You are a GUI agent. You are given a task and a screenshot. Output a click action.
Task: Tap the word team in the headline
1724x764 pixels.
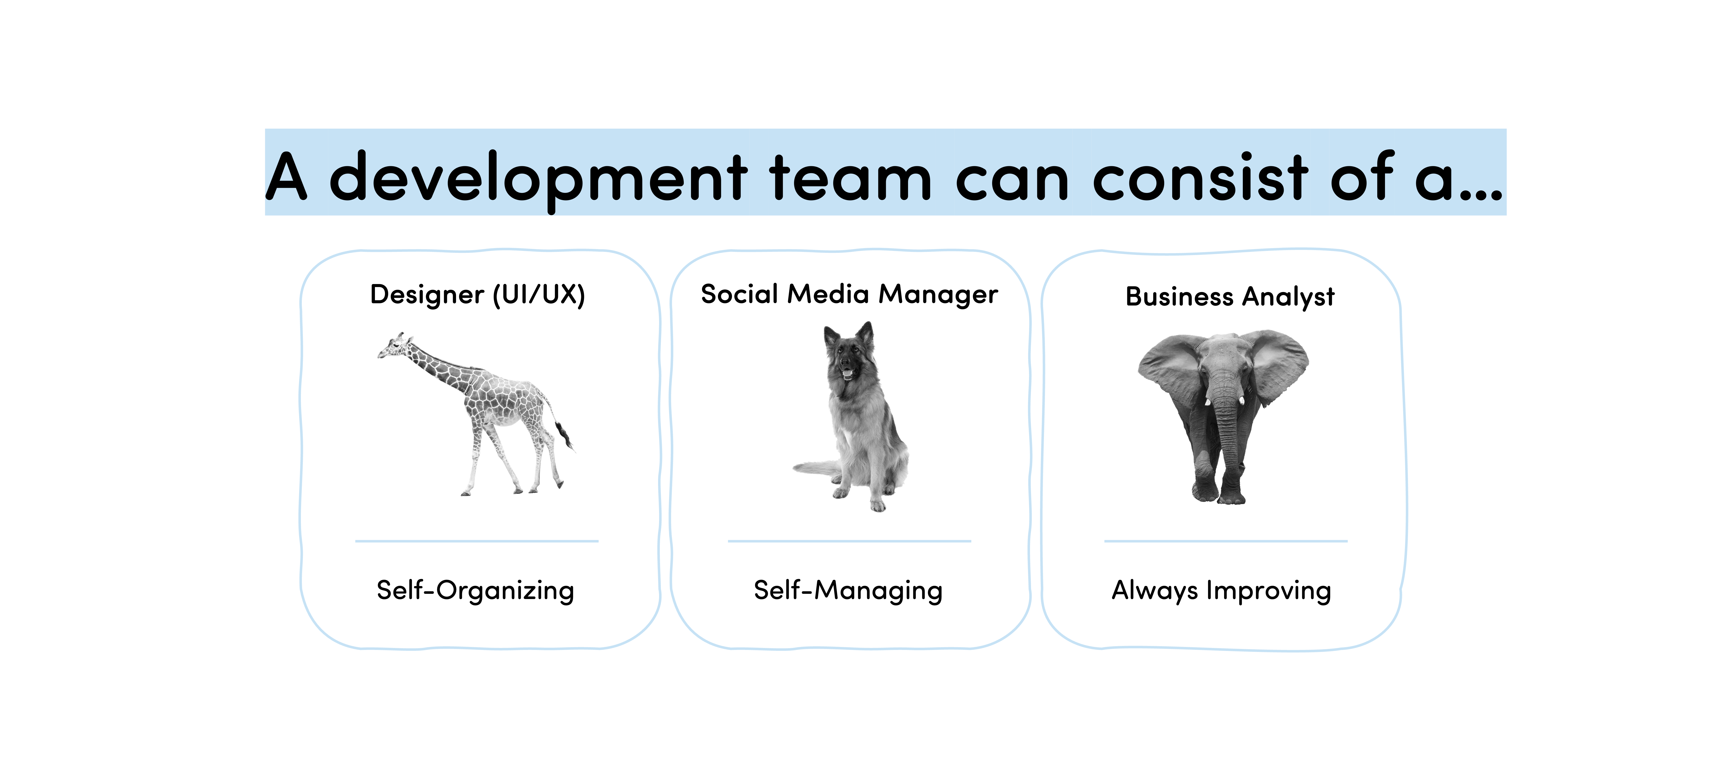click(x=851, y=177)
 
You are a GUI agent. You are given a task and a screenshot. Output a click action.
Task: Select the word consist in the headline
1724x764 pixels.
click(x=1200, y=176)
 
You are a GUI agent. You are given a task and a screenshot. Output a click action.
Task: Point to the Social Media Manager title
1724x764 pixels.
click(x=849, y=294)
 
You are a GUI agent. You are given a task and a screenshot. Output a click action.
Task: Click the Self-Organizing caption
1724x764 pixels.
click(x=475, y=591)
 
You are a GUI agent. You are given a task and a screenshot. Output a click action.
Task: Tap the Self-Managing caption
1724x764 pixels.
click(x=848, y=591)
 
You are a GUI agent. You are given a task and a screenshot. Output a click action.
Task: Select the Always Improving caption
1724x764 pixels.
click(x=1221, y=591)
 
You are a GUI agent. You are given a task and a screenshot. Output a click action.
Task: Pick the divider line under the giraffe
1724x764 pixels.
click(x=476, y=541)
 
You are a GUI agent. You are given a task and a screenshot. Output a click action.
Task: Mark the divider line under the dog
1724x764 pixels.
click(x=849, y=541)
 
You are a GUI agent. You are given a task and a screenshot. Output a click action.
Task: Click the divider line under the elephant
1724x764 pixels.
click(x=1225, y=541)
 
